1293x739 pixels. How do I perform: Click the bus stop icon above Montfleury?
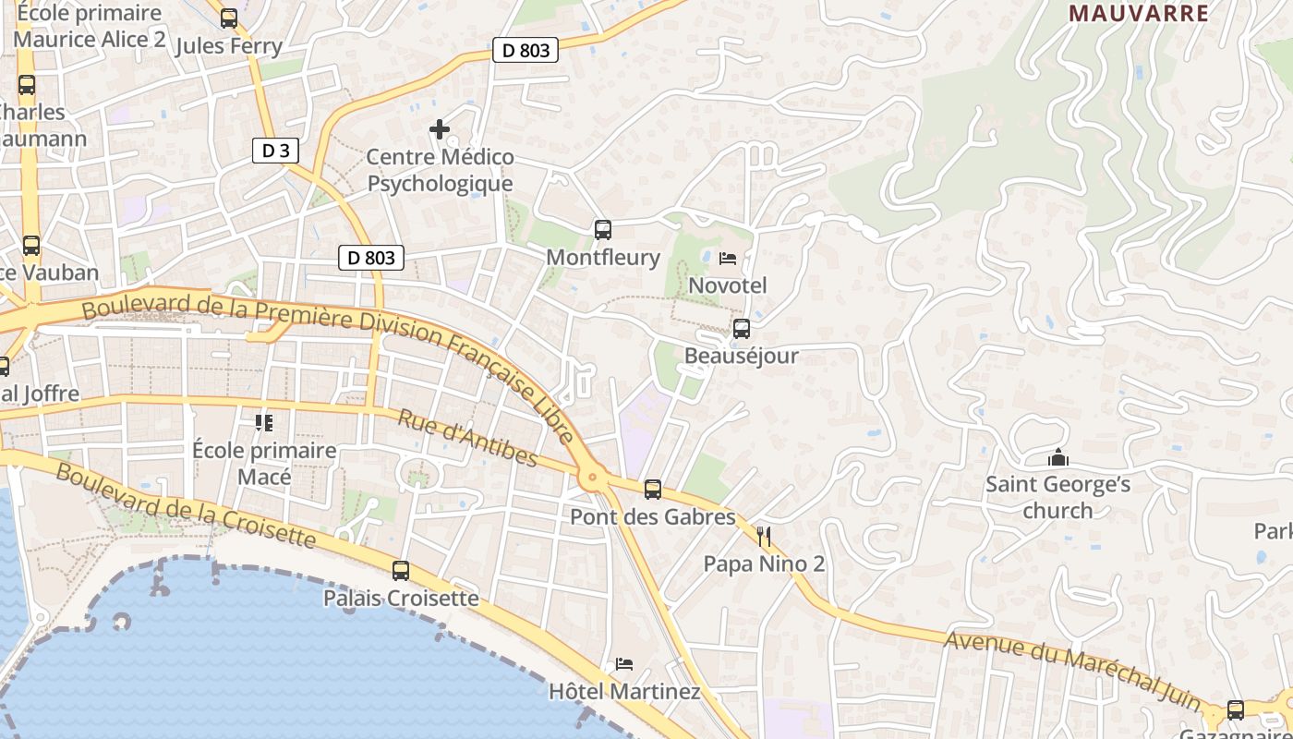point(603,229)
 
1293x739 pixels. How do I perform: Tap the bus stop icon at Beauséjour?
point(741,329)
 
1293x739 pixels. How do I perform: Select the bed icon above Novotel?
point(728,258)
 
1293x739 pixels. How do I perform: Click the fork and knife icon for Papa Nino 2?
point(764,537)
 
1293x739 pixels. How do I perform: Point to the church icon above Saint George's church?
point(1057,457)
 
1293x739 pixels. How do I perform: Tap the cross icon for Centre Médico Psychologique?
point(440,129)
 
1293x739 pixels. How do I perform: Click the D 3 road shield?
point(275,151)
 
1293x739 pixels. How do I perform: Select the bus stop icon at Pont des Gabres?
point(653,490)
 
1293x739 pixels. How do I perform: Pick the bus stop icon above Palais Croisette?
point(400,571)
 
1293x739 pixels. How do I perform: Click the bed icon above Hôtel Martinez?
point(624,664)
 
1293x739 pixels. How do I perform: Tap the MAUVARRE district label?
point(1139,13)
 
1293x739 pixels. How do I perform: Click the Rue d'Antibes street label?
point(467,438)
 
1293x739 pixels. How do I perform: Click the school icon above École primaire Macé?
point(264,423)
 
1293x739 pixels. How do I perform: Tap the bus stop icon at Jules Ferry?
point(228,18)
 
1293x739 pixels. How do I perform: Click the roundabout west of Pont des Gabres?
point(592,479)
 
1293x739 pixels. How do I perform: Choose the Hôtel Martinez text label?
point(624,691)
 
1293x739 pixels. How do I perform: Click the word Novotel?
point(728,285)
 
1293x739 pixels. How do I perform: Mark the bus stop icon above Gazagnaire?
point(1235,710)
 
